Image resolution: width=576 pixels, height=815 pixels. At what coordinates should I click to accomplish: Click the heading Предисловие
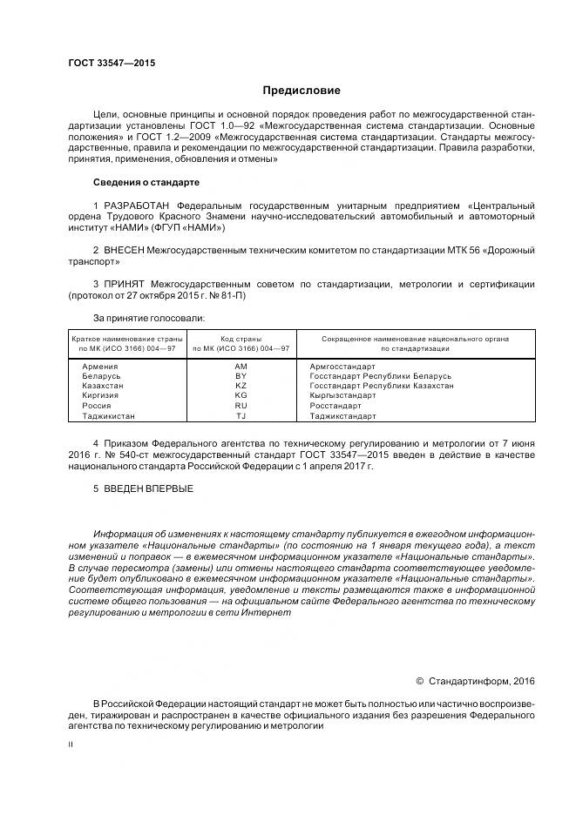pyautogui.click(x=302, y=91)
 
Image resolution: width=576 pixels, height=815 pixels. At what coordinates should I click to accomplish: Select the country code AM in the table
pyautogui.click(x=241, y=367)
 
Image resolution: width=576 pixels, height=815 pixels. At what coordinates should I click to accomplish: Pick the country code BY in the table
pyautogui.click(x=241, y=376)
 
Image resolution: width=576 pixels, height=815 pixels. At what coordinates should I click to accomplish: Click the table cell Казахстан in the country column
pyautogui.click(x=103, y=386)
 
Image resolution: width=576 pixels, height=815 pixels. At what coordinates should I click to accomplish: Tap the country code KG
pyautogui.click(x=241, y=395)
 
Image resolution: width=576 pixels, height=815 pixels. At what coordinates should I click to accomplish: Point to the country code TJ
pyautogui.click(x=241, y=416)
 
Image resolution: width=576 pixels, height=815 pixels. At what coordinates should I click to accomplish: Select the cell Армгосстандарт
pyautogui.click(x=342, y=367)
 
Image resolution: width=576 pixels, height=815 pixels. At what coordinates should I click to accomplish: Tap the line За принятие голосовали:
pyautogui.click(x=148, y=318)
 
